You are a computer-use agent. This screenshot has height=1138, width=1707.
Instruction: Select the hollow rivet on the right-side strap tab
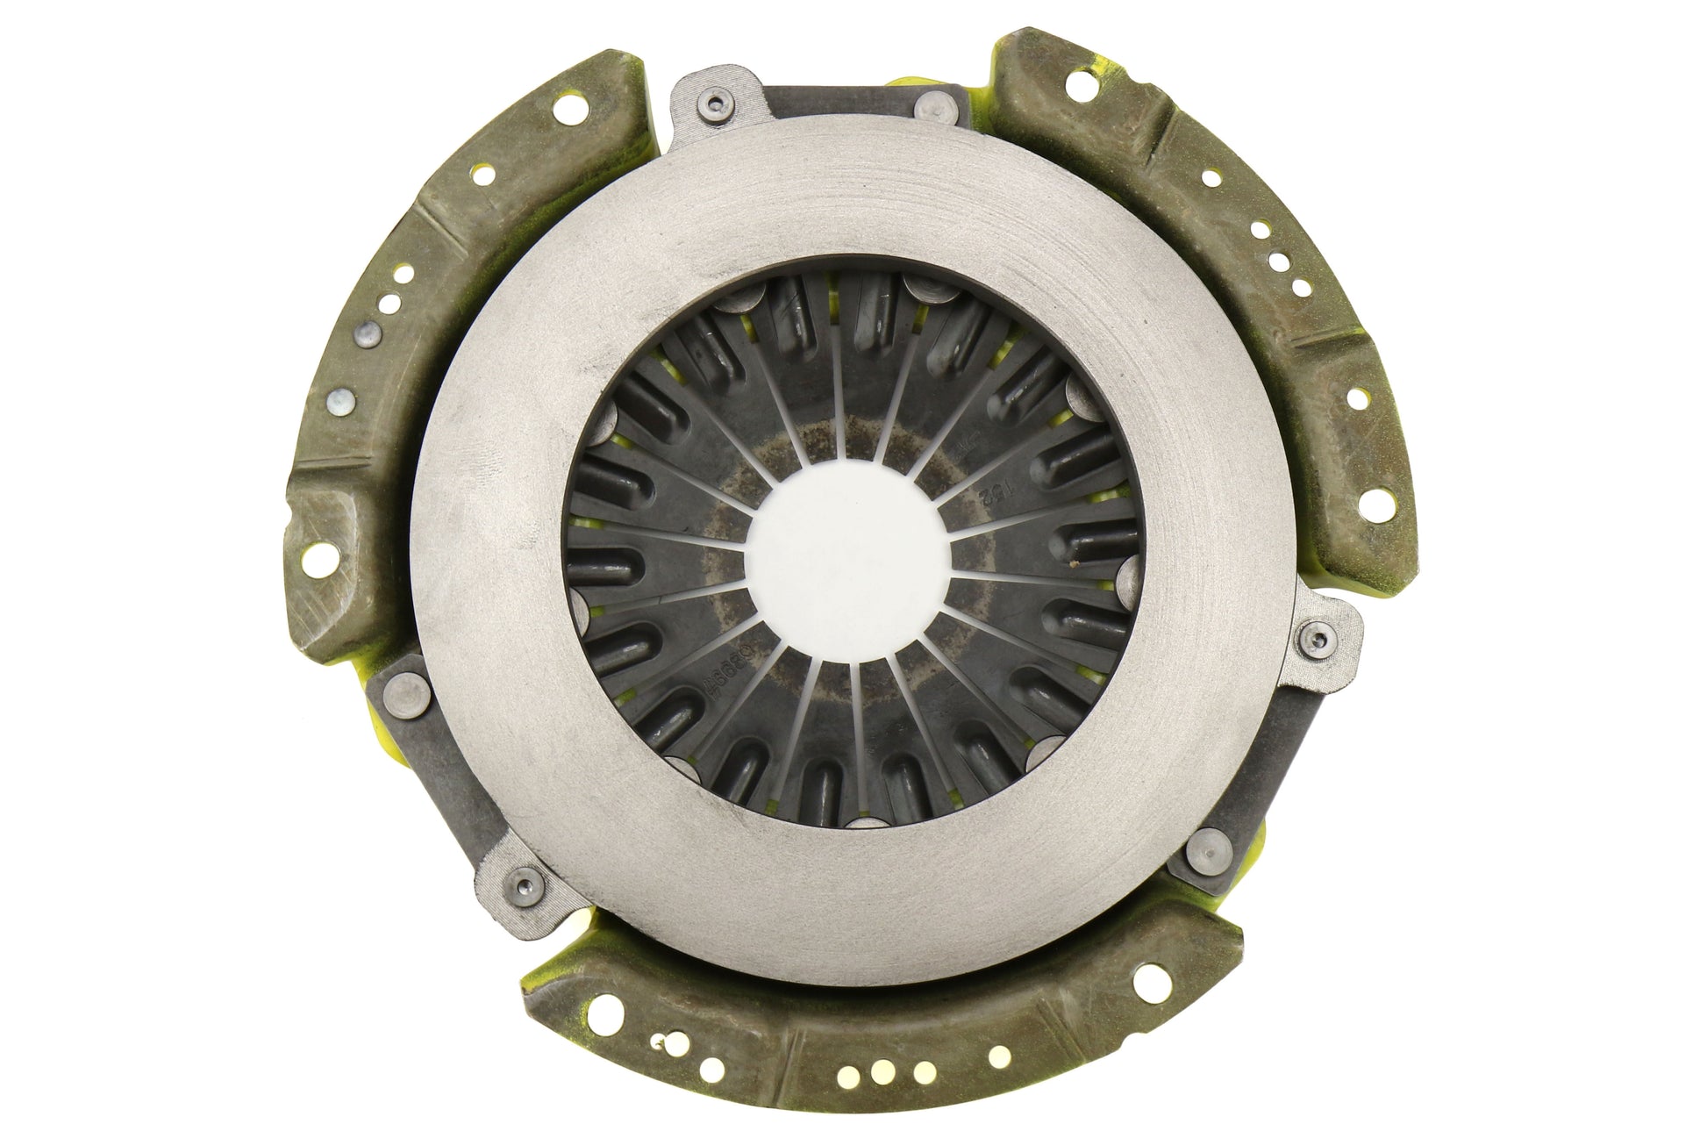tap(1320, 637)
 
